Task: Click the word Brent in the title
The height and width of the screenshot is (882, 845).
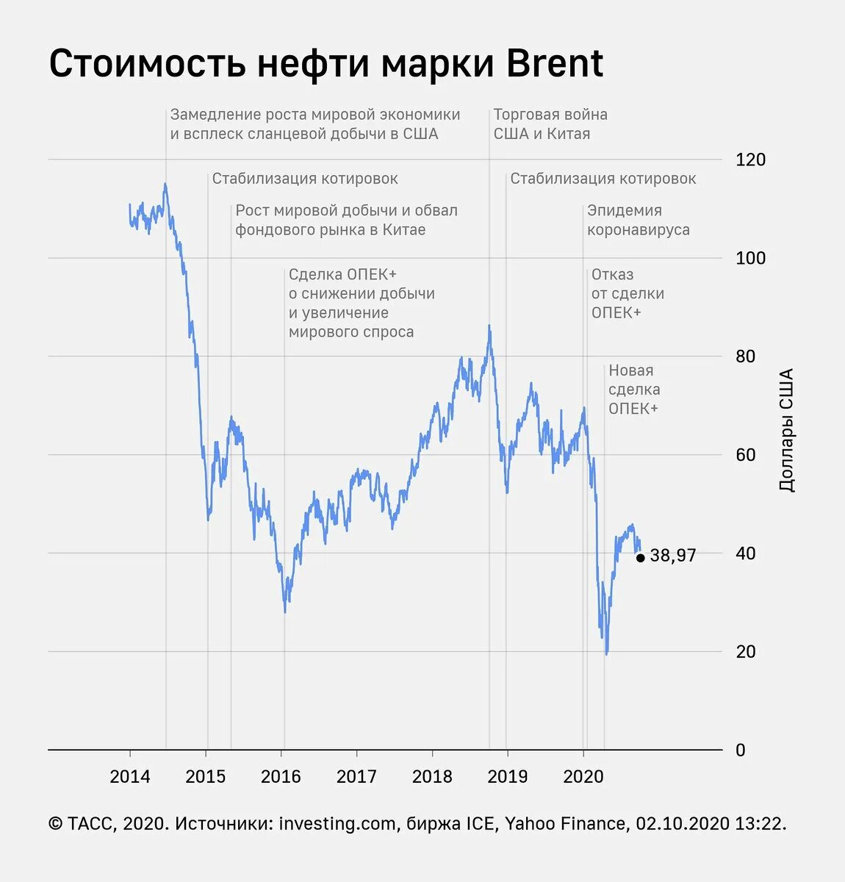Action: [555, 64]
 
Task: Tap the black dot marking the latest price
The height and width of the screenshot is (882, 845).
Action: [640, 558]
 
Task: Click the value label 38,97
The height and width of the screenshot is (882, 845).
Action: [672, 556]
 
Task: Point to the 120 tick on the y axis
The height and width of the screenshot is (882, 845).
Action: [749, 159]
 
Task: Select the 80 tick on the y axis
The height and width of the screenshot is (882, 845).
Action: [745, 356]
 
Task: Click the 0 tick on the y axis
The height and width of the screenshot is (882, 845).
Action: [740, 750]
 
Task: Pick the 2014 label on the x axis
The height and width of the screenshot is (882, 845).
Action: [130, 777]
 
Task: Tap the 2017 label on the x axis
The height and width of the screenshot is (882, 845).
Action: [356, 777]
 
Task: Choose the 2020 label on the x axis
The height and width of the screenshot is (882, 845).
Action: [583, 777]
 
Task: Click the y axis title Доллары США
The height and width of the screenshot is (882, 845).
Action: [786, 430]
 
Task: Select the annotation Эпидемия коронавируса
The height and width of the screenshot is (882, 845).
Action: [638, 220]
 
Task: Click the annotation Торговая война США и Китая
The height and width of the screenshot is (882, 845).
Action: [550, 124]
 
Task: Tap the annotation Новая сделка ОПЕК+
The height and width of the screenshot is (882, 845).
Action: [633, 390]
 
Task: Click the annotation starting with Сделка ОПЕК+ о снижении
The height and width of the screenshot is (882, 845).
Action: [361, 303]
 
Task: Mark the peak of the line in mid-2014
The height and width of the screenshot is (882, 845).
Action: [165, 184]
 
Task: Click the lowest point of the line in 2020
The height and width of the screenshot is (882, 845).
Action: [606, 653]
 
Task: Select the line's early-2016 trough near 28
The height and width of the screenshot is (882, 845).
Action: [285, 612]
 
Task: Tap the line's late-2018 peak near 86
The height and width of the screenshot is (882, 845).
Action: [489, 326]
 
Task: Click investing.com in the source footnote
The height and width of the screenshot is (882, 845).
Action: [337, 824]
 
